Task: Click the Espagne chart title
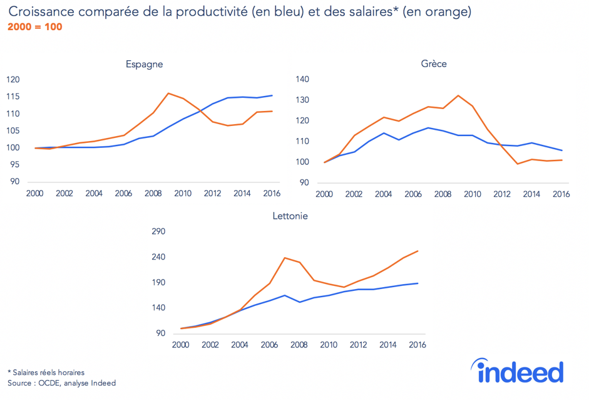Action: pyautogui.click(x=144, y=64)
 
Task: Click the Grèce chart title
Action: pyautogui.click(x=434, y=64)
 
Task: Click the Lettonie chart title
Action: pyautogui.click(x=290, y=216)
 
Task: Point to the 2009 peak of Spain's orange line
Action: pyautogui.click(x=168, y=93)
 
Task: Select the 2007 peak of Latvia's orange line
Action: pyautogui.click(x=285, y=258)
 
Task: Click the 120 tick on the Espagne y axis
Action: pyautogui.click(x=13, y=80)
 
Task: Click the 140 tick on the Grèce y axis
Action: pyautogui.click(x=303, y=80)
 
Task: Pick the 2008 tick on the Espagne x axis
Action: pyautogui.click(x=153, y=194)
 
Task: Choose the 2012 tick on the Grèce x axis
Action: pyautogui.click(x=501, y=194)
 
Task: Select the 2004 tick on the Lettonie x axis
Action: pyautogui.click(x=240, y=345)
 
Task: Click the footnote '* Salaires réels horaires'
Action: pyautogui.click(x=46, y=372)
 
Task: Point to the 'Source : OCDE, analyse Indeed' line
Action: pyautogui.click(x=61, y=383)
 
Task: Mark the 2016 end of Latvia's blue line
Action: pyautogui.click(x=417, y=283)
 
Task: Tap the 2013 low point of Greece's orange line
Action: pyautogui.click(x=517, y=164)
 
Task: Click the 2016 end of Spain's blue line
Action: pyautogui.click(x=272, y=95)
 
